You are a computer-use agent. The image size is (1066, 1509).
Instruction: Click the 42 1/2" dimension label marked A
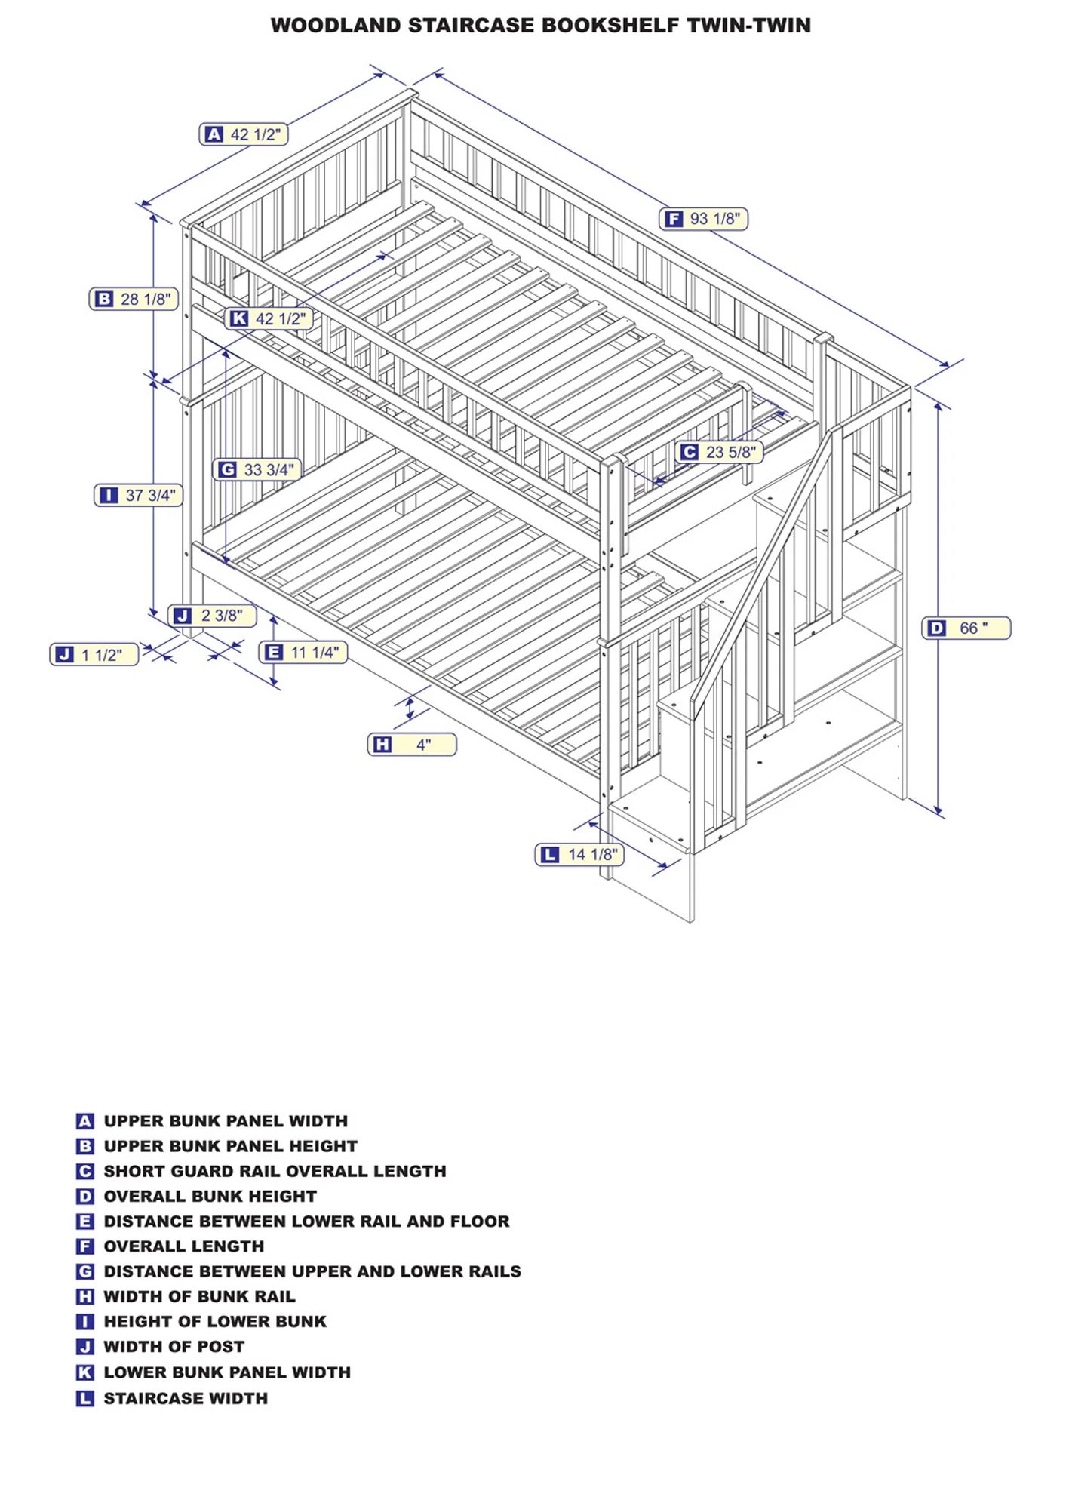point(244,134)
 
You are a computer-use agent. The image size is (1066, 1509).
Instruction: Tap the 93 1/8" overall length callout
point(703,219)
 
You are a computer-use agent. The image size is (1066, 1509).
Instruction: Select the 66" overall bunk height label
point(966,628)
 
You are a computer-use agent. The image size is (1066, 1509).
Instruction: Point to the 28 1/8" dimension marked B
point(134,299)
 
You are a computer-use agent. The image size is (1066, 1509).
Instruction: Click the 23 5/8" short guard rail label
point(719,452)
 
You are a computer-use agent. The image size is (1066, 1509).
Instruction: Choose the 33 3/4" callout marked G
point(257,469)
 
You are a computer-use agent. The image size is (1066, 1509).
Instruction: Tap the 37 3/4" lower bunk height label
point(139,495)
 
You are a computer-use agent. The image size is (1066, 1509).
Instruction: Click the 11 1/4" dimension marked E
point(303,652)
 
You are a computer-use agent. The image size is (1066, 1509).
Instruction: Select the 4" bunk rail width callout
point(412,745)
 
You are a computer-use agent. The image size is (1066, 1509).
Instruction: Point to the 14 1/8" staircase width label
point(579,854)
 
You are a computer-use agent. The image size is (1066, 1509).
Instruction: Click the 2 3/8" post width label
point(212,616)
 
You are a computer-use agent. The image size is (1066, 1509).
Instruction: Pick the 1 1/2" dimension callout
point(94,654)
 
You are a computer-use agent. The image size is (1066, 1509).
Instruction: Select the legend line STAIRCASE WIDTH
point(186,1398)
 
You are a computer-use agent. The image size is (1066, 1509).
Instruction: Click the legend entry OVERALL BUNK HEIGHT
point(210,1196)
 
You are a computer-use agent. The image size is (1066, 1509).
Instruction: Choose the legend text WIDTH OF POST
point(174,1346)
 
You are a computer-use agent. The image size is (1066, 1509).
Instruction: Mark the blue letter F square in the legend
point(85,1246)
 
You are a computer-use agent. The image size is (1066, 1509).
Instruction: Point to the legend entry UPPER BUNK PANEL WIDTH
point(226,1121)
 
